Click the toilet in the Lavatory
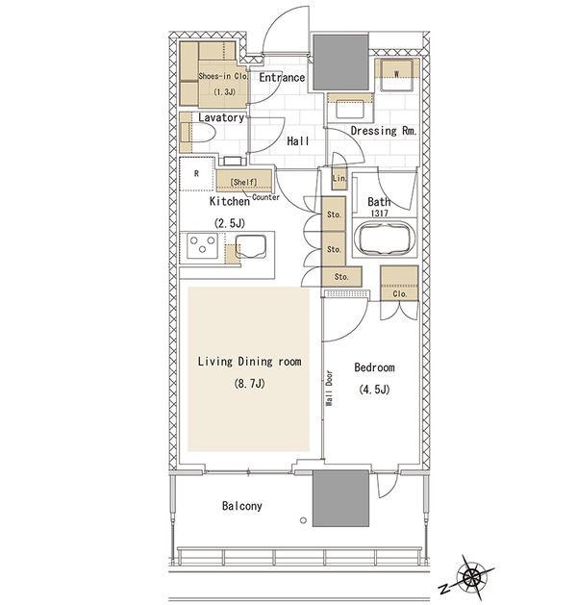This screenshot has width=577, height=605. click(197, 133)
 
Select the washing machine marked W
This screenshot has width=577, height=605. click(396, 74)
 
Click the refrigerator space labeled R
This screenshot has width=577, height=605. click(196, 174)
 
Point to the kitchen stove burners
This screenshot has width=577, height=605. click(203, 245)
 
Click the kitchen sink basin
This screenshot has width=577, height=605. click(251, 245)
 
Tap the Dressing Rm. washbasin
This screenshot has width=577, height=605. click(350, 109)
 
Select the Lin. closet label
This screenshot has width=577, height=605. click(339, 178)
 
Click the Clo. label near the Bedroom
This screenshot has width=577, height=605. click(400, 294)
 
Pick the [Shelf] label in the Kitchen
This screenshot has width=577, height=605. click(243, 182)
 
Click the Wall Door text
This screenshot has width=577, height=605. click(330, 388)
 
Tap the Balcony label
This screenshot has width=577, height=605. click(241, 506)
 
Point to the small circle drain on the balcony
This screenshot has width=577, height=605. click(303, 520)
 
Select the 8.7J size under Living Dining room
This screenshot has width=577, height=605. click(249, 384)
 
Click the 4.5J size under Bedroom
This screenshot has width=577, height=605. click(374, 390)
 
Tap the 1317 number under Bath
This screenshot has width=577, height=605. click(379, 213)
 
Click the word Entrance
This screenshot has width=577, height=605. click(282, 78)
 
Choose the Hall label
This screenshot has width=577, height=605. click(298, 141)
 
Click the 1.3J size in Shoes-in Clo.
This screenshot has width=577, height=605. click(224, 91)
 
